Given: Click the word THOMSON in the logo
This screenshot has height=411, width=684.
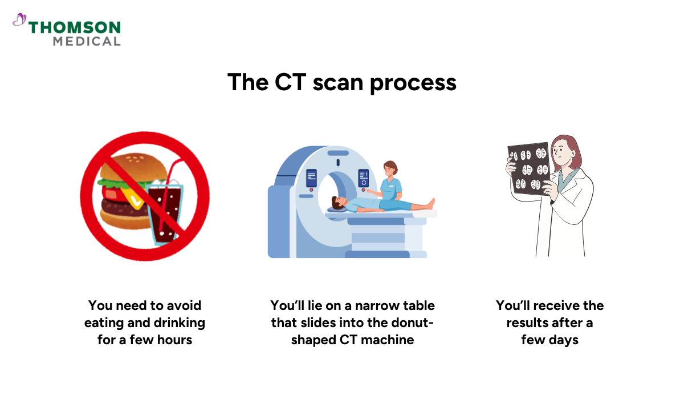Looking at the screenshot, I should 75,27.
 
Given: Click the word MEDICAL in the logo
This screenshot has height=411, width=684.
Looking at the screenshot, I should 87,41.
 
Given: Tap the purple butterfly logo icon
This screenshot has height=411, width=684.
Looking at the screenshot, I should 19,21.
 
